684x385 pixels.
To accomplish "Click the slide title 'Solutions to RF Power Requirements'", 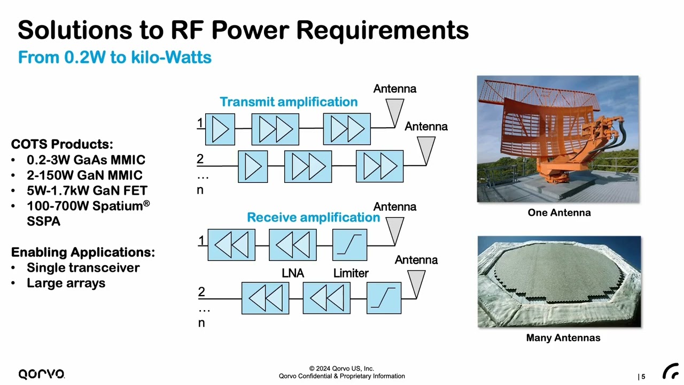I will click(x=243, y=30).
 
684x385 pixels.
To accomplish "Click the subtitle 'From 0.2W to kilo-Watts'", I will click(x=114, y=57).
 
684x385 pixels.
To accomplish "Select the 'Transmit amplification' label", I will click(x=289, y=102).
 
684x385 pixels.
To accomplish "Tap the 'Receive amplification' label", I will click(x=313, y=217).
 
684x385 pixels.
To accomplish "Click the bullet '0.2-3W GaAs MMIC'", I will click(x=85, y=160).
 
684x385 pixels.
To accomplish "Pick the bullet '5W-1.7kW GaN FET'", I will click(x=87, y=190).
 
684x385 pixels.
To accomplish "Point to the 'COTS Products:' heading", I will click(x=62, y=144).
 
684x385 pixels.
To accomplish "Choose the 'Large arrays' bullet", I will click(x=66, y=283).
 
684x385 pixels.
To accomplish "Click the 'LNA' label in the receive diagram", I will click(x=293, y=273).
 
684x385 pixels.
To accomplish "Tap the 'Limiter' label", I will click(x=351, y=273).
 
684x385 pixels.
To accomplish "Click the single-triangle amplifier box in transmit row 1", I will click(x=220, y=129).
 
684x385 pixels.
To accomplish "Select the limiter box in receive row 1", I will click(x=349, y=245).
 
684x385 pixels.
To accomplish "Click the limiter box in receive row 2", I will click(x=384, y=298).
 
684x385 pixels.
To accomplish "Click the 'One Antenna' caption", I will click(x=559, y=213).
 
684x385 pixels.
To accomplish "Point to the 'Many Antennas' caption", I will click(x=563, y=338).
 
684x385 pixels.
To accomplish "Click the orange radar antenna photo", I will click(x=557, y=139).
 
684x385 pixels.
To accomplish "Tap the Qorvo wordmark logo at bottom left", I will click(x=42, y=374).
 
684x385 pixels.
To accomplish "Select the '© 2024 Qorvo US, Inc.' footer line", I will click(x=341, y=368).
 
